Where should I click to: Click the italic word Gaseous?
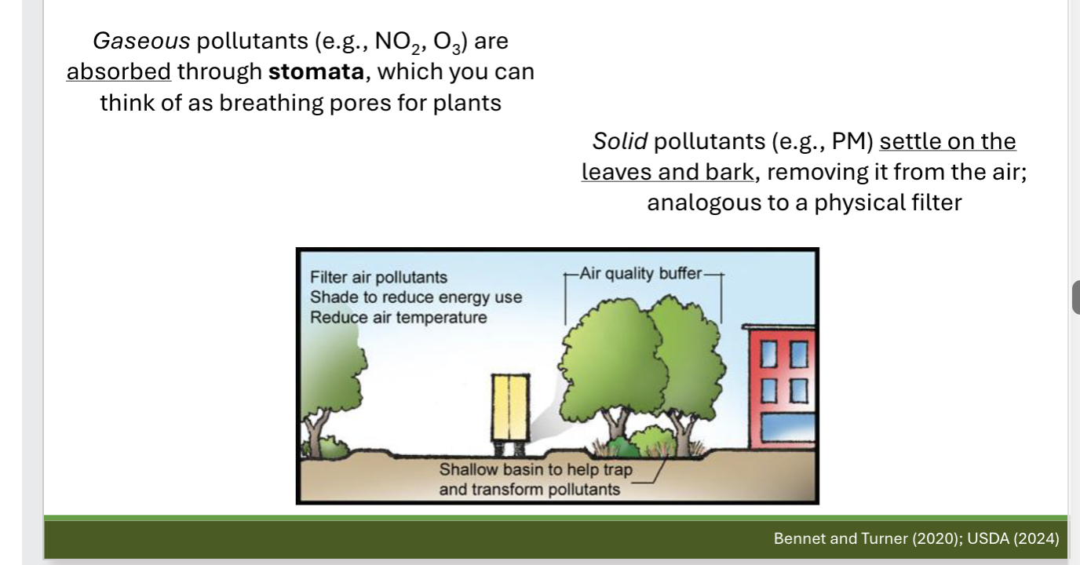pyautogui.click(x=141, y=41)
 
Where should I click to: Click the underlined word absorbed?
pyautogui.click(x=119, y=71)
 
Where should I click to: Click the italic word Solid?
pyautogui.click(x=620, y=141)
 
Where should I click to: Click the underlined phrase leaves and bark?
pyautogui.click(x=667, y=172)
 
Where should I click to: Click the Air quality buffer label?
pyautogui.click(x=642, y=274)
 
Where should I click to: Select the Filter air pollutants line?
pyautogui.click(x=378, y=278)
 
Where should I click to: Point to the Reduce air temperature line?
pyautogui.click(x=398, y=318)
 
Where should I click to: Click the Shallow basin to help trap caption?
pyautogui.click(x=535, y=471)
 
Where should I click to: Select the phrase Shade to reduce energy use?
pyautogui.click(x=415, y=298)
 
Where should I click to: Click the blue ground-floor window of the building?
pyautogui.click(x=790, y=432)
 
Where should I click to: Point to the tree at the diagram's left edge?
pyautogui.click(x=334, y=392)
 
